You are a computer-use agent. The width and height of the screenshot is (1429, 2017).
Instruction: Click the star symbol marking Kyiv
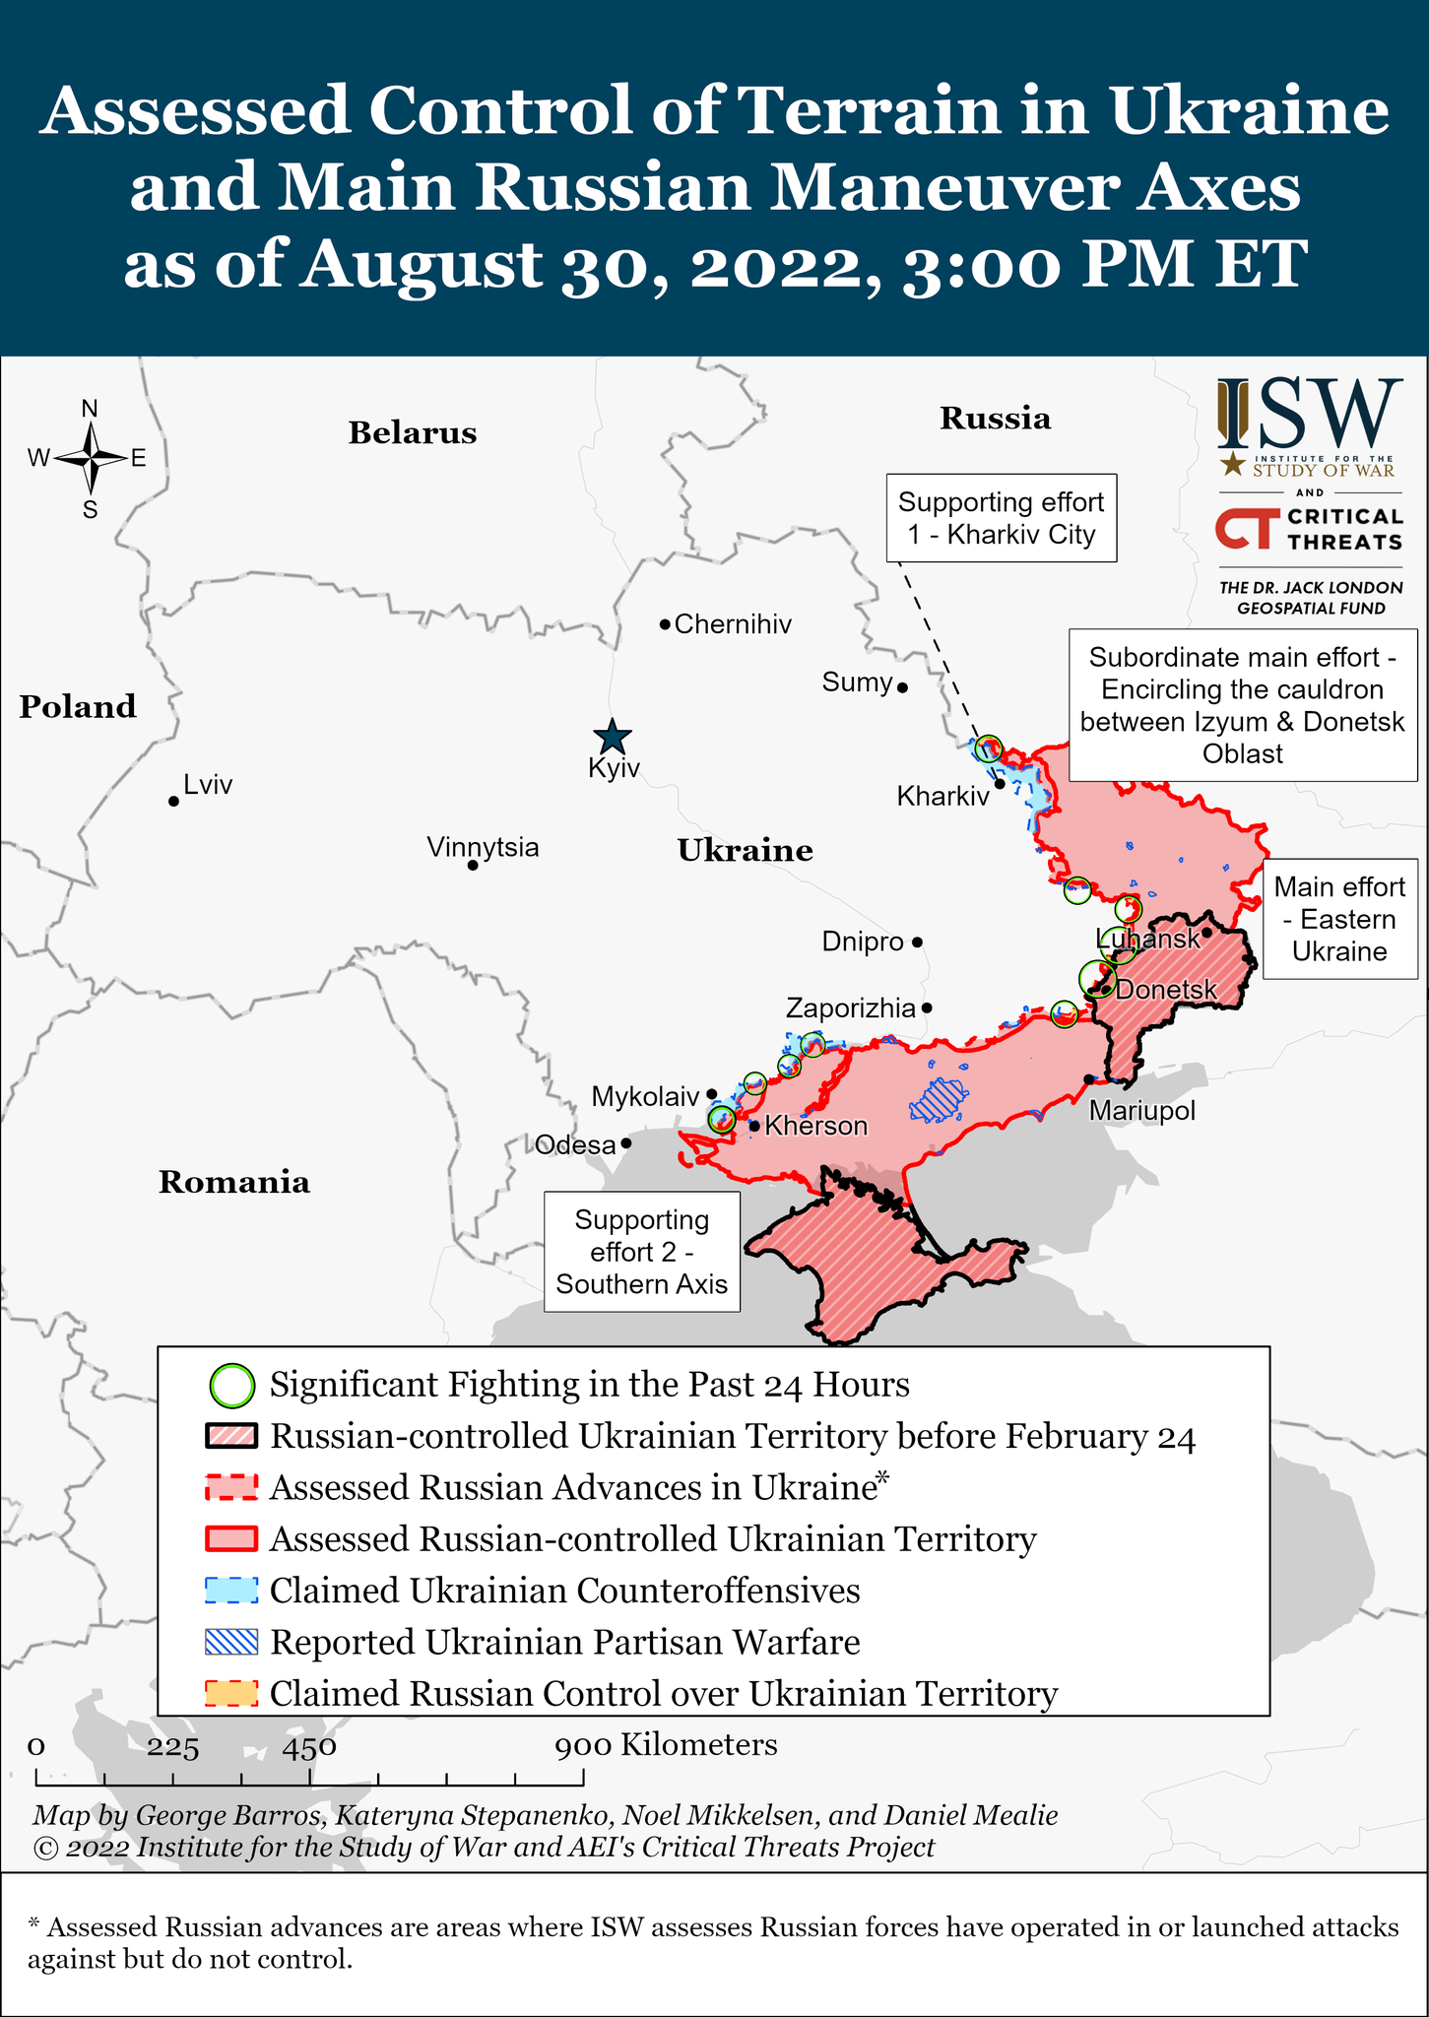pyautogui.click(x=613, y=736)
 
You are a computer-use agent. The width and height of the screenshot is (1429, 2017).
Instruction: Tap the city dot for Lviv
pyautogui.click(x=173, y=801)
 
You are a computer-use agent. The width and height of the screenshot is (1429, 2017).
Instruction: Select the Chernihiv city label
pyautogui.click(x=733, y=624)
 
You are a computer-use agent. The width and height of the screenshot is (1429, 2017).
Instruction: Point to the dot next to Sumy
pyautogui.click(x=902, y=687)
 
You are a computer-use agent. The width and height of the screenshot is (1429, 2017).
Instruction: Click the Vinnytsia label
pyautogui.click(x=483, y=847)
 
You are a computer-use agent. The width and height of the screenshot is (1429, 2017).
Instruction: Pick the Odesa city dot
pyautogui.click(x=626, y=1144)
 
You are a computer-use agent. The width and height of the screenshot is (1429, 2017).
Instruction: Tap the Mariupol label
pyautogui.click(x=1141, y=1111)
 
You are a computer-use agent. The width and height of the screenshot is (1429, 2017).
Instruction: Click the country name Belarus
pyautogui.click(x=412, y=433)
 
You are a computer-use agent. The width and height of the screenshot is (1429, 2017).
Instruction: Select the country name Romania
pyautogui.click(x=234, y=1182)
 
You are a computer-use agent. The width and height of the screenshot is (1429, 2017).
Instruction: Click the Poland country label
pyautogui.click(x=78, y=707)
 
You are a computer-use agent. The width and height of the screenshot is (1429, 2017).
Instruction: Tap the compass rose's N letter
pyautogui.click(x=90, y=409)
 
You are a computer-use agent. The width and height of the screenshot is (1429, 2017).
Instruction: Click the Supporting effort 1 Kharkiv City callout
pyautogui.click(x=1001, y=519)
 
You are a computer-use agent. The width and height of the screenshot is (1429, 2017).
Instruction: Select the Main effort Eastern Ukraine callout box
pyautogui.click(x=1339, y=919)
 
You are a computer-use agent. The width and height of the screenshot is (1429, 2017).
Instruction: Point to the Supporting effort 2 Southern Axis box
pyautogui.click(x=642, y=1252)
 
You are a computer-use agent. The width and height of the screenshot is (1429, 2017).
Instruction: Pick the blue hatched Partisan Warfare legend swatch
pyautogui.click(x=231, y=1642)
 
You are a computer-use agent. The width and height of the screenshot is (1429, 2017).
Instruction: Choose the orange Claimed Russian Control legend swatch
pyautogui.click(x=231, y=1693)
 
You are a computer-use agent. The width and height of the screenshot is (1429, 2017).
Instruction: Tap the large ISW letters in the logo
pyautogui.click(x=1310, y=413)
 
